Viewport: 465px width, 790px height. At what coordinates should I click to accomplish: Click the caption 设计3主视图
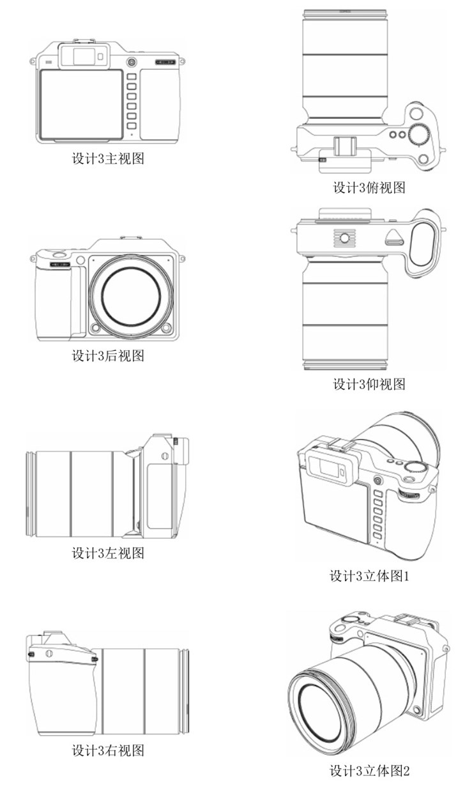[107, 159]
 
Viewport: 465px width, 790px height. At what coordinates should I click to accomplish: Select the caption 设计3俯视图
[369, 187]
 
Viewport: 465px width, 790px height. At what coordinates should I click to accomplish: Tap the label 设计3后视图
[107, 355]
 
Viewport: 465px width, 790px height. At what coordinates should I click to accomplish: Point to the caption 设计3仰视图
[369, 384]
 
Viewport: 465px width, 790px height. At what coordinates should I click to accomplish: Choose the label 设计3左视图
[107, 553]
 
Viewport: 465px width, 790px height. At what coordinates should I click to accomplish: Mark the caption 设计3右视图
[107, 750]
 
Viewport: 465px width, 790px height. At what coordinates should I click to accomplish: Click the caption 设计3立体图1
[369, 576]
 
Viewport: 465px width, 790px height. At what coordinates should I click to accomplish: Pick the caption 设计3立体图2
[369, 771]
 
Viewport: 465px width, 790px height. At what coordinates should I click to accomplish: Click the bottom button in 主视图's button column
[132, 126]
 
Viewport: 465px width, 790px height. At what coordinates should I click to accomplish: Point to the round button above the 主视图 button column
[131, 62]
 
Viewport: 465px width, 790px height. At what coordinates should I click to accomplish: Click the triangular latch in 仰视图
[393, 240]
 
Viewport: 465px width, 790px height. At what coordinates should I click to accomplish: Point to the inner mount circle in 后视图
[130, 295]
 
